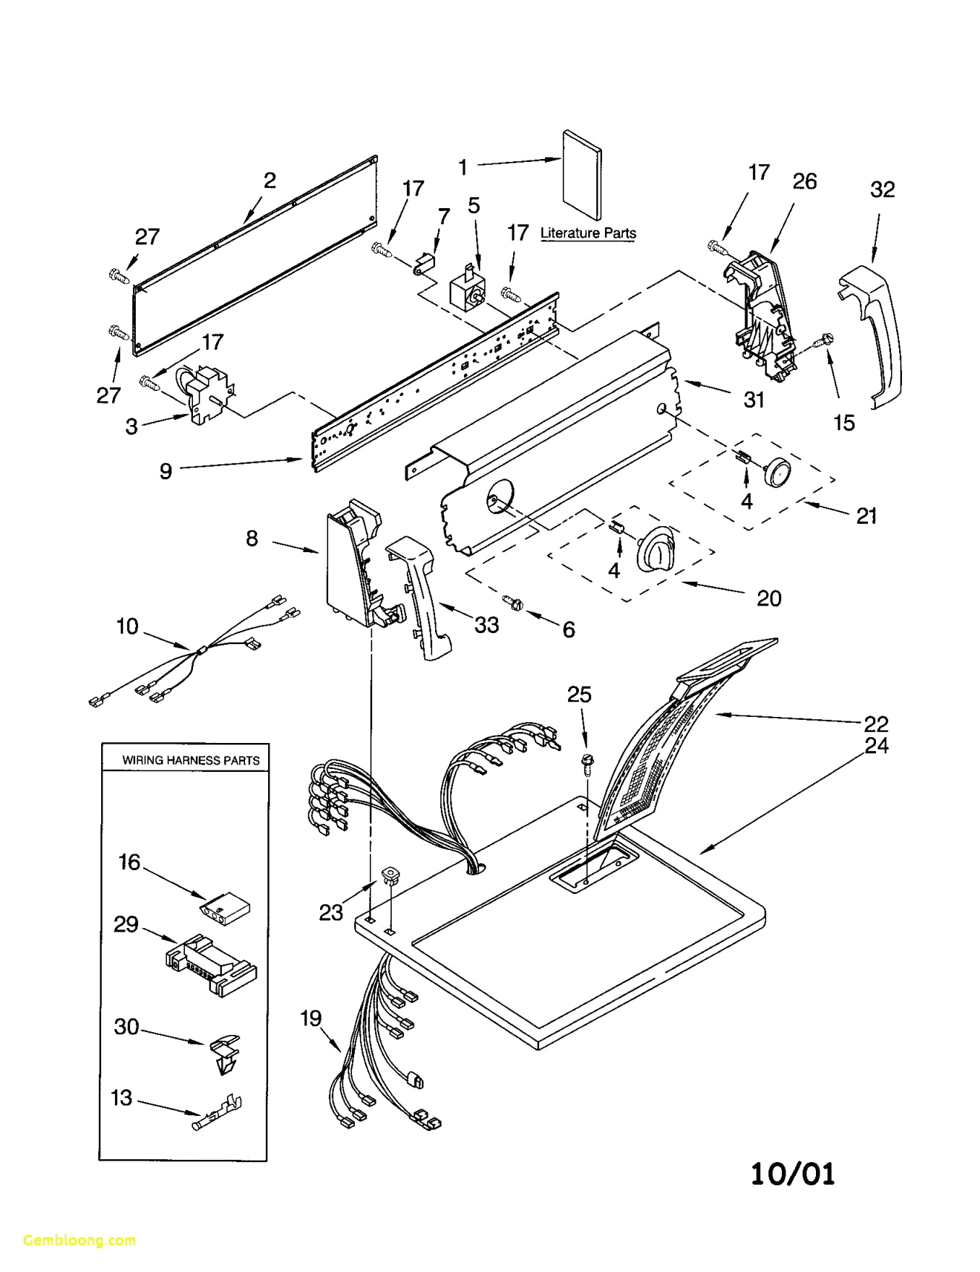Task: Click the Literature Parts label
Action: coord(588,233)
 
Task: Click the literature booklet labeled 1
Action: coord(582,176)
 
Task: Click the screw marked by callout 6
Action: coord(515,601)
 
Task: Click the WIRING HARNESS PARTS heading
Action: coord(190,760)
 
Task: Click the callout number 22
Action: coord(875,723)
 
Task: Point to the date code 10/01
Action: coord(792,1174)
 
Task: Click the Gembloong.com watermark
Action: coord(79,1240)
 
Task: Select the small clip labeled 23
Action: coord(390,876)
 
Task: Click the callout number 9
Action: coord(166,471)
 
